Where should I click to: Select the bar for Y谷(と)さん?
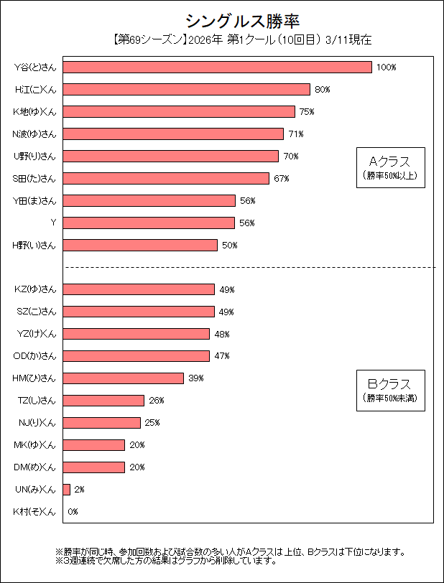point(217,67)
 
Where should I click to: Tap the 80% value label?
point(322,90)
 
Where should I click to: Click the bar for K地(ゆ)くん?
point(179,111)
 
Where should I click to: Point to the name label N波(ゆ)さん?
point(34,134)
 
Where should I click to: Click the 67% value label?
point(281,178)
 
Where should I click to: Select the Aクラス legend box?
point(389,167)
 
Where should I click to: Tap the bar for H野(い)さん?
point(140,245)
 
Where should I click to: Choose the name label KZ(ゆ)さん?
point(35,289)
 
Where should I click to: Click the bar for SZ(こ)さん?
point(139,312)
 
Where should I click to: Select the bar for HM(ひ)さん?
point(123,378)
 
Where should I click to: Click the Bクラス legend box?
point(389,390)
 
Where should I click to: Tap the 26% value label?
point(157,401)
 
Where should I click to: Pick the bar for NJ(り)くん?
point(101,422)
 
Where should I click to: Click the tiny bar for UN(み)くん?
point(66,489)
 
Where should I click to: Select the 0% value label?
point(73,512)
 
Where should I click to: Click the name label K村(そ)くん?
point(34,512)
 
